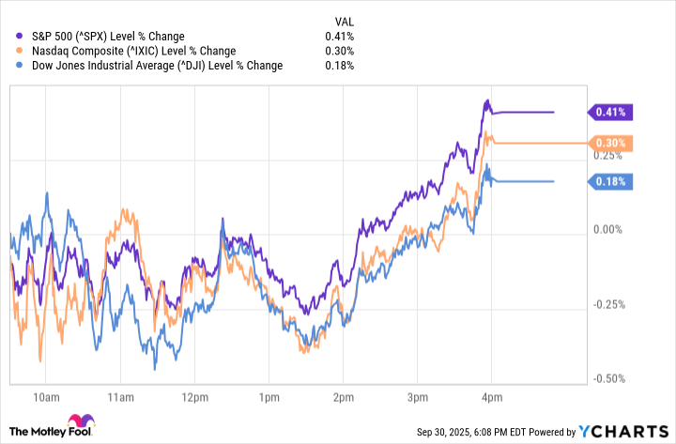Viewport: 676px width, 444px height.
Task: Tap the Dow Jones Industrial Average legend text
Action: click(146, 66)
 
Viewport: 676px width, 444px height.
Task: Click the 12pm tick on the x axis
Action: click(194, 396)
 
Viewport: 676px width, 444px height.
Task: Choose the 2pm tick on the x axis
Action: click(342, 396)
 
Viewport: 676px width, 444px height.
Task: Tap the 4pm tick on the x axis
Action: click(489, 396)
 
